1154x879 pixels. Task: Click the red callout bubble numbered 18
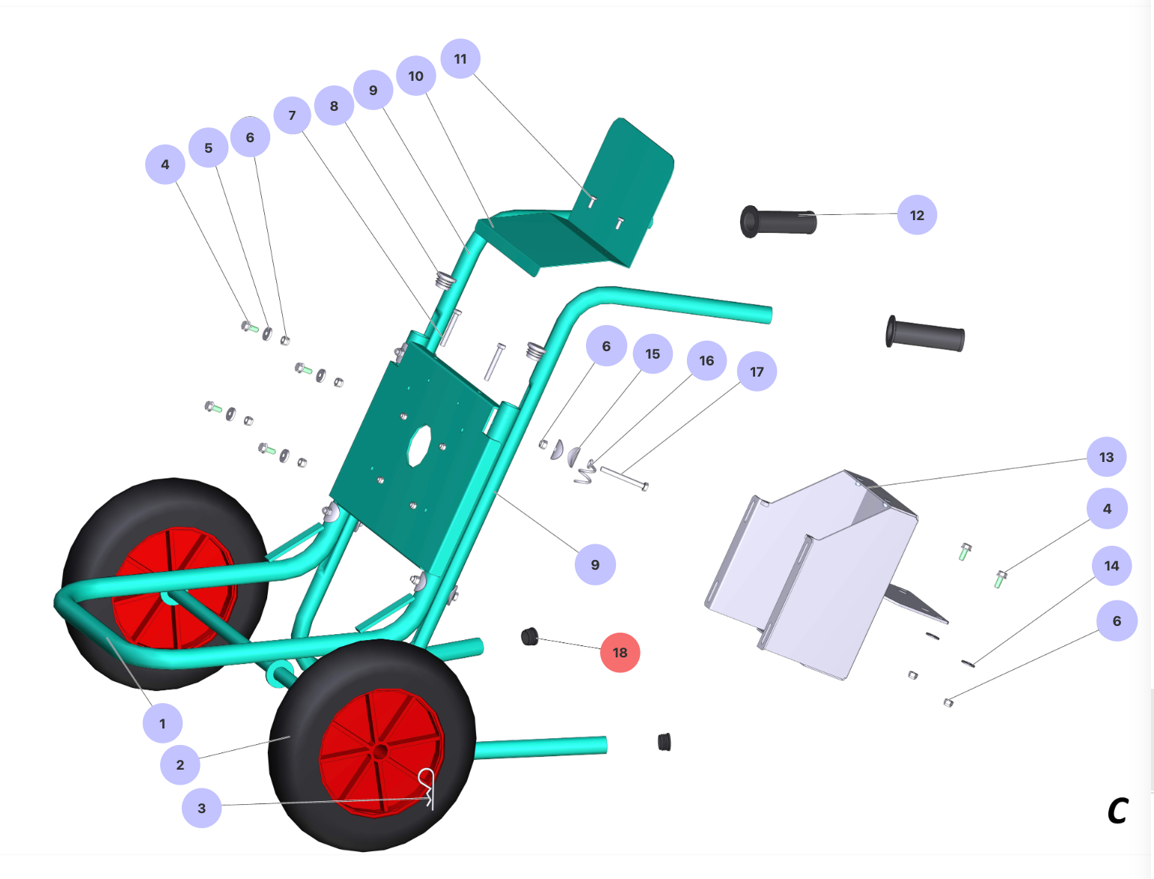click(x=620, y=652)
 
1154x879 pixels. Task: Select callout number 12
click(x=917, y=215)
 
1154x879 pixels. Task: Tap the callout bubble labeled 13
click(x=1106, y=457)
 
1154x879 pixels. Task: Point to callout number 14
click(x=1111, y=565)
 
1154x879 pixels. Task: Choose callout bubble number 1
click(x=162, y=723)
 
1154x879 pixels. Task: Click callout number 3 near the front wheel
click(x=201, y=808)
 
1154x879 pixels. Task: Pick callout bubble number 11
click(x=460, y=58)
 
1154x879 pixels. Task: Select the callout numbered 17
click(x=757, y=371)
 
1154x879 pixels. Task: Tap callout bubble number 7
click(x=292, y=115)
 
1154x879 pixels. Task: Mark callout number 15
click(x=653, y=353)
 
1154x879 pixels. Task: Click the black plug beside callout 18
click(x=530, y=637)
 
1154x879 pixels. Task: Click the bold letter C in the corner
click(x=1117, y=811)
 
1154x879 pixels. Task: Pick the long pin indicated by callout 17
click(x=624, y=478)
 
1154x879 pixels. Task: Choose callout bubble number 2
click(x=180, y=764)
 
